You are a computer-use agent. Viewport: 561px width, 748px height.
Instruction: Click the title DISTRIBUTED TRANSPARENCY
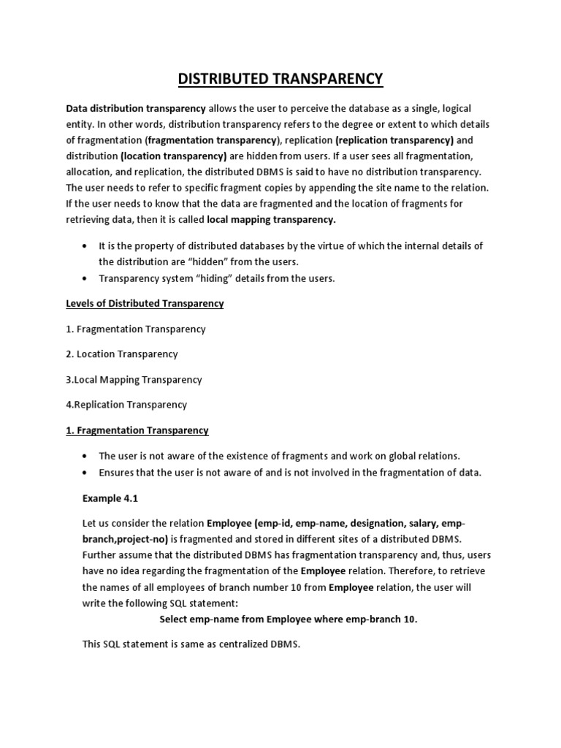[280, 78]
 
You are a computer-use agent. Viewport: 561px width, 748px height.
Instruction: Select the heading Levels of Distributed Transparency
[145, 303]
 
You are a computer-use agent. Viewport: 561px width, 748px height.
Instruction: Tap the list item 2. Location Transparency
[122, 354]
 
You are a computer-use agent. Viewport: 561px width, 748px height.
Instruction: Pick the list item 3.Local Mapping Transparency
[134, 380]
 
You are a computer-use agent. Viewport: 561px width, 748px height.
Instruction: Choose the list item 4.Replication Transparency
[126, 405]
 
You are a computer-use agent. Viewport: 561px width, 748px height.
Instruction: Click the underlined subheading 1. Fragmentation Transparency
[137, 430]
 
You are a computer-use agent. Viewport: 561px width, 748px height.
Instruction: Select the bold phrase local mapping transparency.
[272, 219]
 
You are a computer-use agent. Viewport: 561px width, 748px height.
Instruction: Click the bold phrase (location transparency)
[173, 156]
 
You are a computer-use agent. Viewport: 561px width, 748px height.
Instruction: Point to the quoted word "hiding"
[210, 278]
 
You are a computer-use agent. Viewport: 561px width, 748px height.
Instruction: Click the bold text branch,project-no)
[125, 540]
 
